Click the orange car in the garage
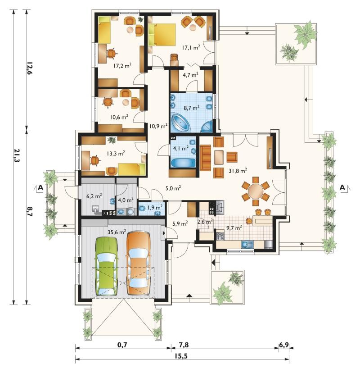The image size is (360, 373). (138, 263)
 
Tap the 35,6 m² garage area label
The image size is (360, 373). (117, 232)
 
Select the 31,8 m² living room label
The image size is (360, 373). (238, 171)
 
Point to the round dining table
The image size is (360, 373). (256, 191)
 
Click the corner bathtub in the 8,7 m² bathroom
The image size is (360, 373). (180, 123)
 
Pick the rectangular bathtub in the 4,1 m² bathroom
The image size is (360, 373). (183, 163)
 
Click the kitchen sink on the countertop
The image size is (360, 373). (247, 244)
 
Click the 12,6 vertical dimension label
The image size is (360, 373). (29, 68)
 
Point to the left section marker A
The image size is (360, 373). (40, 187)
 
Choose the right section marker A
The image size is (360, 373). (342, 187)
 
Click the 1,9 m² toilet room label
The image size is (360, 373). (155, 207)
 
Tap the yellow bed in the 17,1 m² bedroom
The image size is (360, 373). (162, 35)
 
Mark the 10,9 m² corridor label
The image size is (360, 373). (158, 126)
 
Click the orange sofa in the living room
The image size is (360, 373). (206, 158)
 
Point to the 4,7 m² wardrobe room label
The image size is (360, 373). (190, 75)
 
